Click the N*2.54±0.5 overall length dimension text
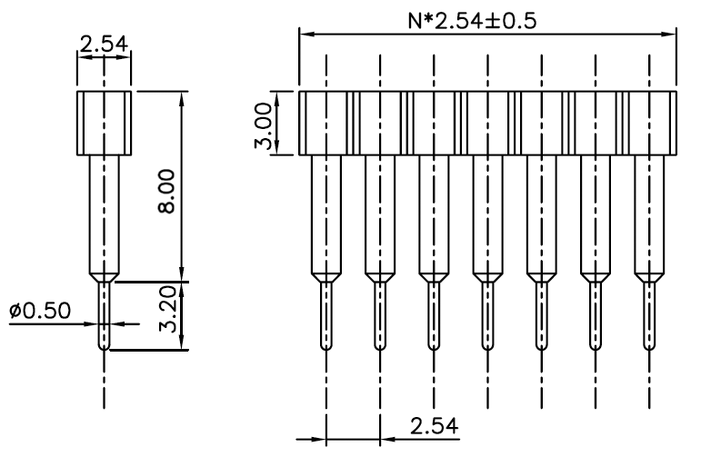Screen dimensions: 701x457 click(472, 21)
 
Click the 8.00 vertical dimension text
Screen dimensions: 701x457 click(167, 191)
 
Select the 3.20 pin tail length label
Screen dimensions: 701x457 click(168, 309)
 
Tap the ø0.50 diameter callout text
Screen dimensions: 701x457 click(40, 311)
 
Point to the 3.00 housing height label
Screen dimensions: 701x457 click(263, 125)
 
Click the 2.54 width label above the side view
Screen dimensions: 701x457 click(104, 45)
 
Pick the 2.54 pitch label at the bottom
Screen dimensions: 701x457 click(434, 426)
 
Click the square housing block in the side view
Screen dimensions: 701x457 click(105, 124)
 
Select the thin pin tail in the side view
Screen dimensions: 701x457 click(105, 315)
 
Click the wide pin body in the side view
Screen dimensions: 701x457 click(105, 214)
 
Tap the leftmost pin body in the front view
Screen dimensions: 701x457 click(326, 214)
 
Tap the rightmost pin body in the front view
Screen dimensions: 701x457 click(649, 214)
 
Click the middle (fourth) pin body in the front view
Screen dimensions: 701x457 click(487, 214)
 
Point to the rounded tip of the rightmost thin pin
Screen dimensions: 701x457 click(649, 347)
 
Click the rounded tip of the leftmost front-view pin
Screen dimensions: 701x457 click(326, 347)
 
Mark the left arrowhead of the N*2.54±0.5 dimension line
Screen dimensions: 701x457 click(305, 34)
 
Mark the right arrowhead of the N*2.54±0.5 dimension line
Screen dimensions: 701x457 click(669, 34)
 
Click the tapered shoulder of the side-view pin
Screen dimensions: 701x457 click(105, 277)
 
